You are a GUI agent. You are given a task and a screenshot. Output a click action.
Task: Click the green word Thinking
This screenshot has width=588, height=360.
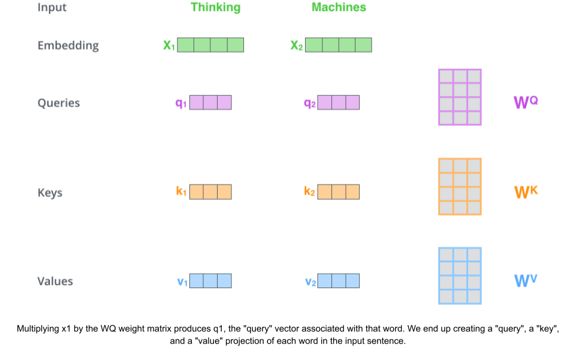[215, 8]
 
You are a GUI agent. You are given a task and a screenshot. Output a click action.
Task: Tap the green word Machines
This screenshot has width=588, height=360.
[339, 8]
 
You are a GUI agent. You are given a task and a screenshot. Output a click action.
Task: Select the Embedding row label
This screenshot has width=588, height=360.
[68, 46]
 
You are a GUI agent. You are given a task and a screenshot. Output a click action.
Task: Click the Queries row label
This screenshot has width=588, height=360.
[58, 103]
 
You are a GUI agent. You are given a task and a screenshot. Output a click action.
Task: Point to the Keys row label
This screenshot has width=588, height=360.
[50, 193]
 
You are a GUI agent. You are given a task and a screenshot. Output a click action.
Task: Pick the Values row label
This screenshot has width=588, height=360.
[55, 281]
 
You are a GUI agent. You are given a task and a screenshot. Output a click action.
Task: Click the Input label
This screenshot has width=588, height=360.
[52, 8]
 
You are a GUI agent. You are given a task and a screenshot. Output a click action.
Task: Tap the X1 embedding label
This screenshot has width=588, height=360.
[169, 46]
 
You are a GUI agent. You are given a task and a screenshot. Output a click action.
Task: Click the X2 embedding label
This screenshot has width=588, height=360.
[297, 46]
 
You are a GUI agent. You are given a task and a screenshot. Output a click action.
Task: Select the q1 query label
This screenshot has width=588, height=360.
[181, 103]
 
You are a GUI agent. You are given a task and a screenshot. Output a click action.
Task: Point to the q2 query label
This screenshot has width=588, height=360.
[309, 103]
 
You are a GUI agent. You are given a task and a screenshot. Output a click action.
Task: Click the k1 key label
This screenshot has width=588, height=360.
[181, 192]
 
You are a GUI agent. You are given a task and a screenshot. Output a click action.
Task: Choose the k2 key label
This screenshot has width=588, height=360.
[309, 192]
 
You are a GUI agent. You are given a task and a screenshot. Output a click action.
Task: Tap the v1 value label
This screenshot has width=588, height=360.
[182, 282]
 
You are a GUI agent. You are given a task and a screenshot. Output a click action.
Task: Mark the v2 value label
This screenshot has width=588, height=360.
[310, 282]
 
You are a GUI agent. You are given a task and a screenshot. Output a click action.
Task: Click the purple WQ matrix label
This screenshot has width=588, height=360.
[526, 102]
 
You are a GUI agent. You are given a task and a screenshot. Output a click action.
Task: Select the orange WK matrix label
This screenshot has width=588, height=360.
[526, 192]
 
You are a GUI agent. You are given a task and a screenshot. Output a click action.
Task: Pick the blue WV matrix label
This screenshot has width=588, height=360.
[526, 280]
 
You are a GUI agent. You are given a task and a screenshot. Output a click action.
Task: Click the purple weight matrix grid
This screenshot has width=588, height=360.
[460, 97]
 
